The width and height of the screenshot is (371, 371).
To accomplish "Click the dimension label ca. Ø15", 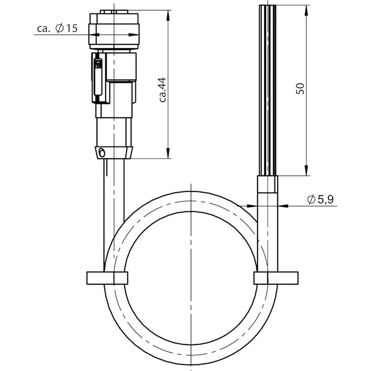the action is tap(57, 28).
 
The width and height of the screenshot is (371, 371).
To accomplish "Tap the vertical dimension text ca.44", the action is tap(163, 90).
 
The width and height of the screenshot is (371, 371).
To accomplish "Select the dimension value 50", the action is tap(300, 89).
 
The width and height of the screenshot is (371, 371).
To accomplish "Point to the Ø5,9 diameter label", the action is tap(320, 199).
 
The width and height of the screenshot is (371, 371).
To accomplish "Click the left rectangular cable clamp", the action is tap(108, 278).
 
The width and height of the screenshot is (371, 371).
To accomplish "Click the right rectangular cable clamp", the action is tap(276, 278).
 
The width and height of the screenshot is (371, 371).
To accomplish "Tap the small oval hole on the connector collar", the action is tap(102, 153).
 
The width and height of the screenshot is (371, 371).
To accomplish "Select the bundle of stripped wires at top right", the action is tap(268, 90).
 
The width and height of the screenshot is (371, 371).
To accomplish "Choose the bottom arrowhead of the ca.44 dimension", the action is tap(168, 153).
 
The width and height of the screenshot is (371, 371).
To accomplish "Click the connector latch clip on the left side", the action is tap(98, 78).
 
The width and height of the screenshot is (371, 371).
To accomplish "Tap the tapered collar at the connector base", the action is tap(114, 153).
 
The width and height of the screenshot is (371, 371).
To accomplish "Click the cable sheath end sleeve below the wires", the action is tap(268, 184).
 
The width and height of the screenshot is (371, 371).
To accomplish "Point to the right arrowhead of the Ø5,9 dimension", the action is tap(283, 206).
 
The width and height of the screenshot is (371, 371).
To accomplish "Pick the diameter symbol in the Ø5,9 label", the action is tap(311, 199).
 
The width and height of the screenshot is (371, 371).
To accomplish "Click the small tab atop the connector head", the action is tap(114, 12).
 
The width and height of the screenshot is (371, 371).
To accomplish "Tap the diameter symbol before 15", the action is tap(60, 28).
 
